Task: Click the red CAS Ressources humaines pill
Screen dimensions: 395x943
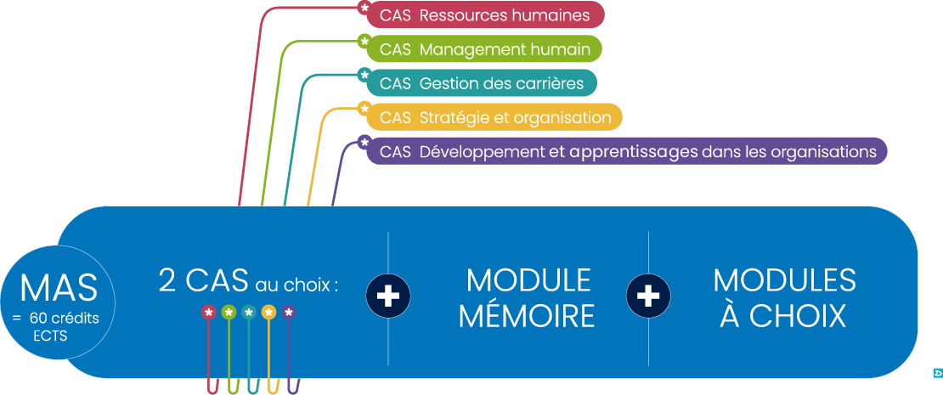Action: tap(484, 14)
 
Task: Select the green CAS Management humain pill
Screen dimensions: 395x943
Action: tap(484, 49)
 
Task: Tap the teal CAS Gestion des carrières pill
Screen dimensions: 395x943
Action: tap(481, 83)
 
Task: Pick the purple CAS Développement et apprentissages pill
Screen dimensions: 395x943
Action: tap(627, 152)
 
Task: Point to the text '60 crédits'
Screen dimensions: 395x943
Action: tap(64, 319)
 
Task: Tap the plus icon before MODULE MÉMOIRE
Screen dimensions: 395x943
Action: tap(388, 295)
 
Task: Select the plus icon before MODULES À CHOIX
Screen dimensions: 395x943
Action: tap(648, 295)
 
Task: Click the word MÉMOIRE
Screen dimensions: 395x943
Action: tap(526, 316)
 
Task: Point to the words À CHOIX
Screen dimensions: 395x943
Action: tap(783, 316)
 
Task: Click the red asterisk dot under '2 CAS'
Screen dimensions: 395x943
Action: tap(208, 313)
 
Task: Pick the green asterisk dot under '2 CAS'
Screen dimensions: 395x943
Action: tap(229, 313)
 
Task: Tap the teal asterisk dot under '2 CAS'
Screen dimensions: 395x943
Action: tap(249, 313)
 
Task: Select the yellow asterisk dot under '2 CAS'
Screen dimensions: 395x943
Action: tap(268, 313)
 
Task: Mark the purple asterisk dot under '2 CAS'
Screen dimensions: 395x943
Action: tap(289, 313)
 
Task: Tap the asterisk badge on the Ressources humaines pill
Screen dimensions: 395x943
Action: tap(364, 8)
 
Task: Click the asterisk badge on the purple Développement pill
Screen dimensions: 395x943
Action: tap(364, 142)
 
